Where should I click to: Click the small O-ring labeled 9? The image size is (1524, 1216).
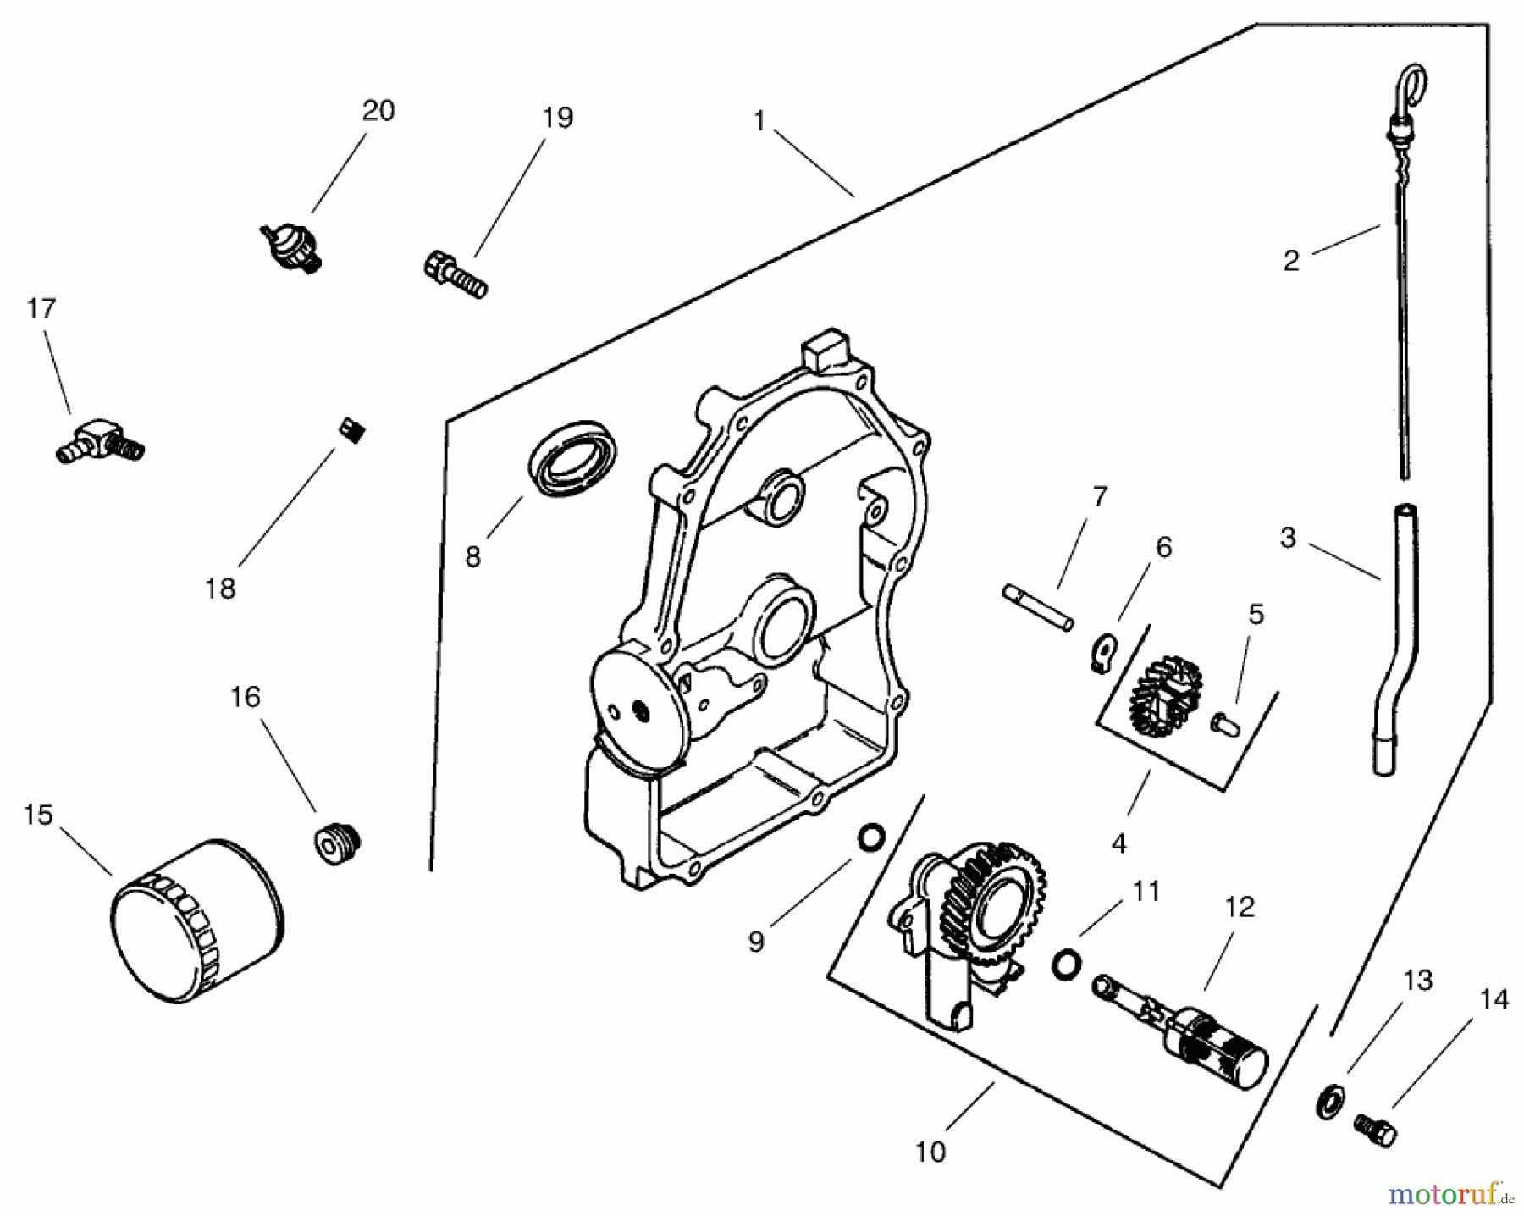click(x=872, y=838)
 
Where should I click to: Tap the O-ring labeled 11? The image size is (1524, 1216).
click(x=1067, y=963)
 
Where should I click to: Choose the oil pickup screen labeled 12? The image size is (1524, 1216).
click(x=1185, y=1033)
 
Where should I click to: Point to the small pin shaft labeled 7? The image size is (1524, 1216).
click(x=1038, y=606)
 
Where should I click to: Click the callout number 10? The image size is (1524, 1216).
click(x=930, y=1152)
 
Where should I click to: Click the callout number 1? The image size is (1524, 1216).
click(x=759, y=122)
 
